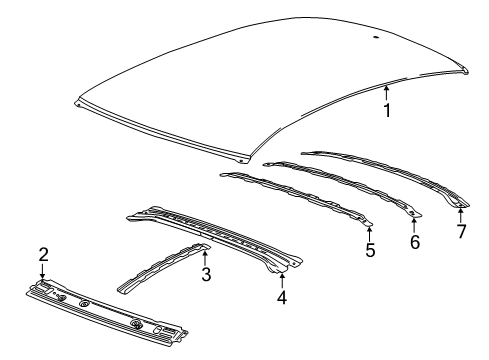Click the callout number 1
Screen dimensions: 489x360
click(x=387, y=110)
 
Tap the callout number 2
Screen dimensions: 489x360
click(x=43, y=255)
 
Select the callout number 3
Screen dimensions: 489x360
click(x=206, y=273)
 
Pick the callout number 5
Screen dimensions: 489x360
click(x=369, y=250)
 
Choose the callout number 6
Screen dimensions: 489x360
click(x=414, y=242)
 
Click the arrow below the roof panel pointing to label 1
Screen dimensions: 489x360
click(x=387, y=93)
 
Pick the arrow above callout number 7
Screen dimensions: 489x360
click(x=461, y=213)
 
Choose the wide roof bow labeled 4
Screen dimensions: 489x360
click(x=210, y=235)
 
